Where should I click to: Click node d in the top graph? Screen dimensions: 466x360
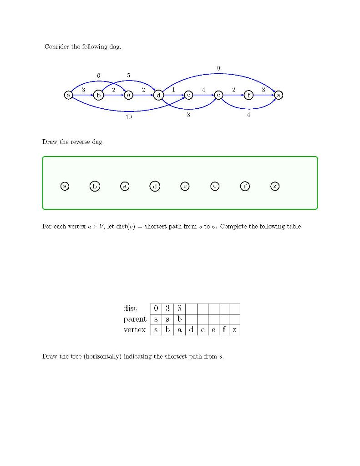pos(158,95)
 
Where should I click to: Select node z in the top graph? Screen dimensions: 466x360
pos(279,95)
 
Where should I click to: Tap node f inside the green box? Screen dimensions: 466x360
pos(245,186)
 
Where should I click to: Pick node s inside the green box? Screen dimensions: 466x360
pos(65,186)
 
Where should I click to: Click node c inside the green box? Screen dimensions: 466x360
pos(185,186)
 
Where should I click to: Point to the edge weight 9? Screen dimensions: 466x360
pos(218,68)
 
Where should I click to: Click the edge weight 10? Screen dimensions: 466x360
pos(129,117)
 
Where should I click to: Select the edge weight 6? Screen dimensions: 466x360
pos(98,75)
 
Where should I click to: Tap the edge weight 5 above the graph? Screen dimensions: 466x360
pos(129,75)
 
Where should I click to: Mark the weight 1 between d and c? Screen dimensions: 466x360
pos(173,90)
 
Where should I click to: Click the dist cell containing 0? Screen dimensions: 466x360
pos(156,309)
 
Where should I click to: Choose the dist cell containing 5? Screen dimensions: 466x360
pos(179,309)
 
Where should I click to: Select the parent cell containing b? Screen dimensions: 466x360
pos(179,319)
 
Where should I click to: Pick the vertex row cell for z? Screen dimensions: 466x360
pos(234,330)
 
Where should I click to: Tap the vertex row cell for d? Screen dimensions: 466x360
pos(191,330)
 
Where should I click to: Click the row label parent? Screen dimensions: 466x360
pos(135,319)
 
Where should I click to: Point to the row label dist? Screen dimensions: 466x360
pos(130,309)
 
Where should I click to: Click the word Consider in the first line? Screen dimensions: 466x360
pos(56,47)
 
